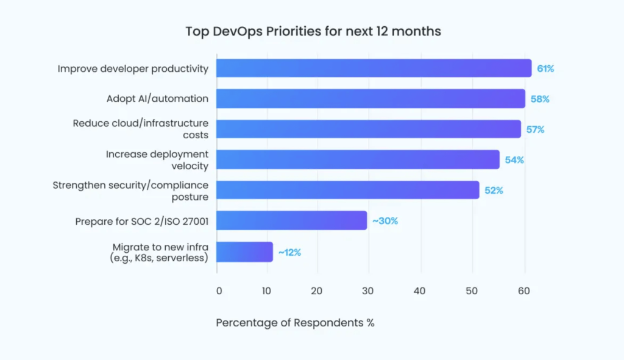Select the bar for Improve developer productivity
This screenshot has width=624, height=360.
[374, 68]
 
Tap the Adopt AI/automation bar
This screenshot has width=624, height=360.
[370, 99]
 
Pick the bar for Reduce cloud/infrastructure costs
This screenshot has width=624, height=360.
[369, 129]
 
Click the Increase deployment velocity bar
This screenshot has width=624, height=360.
[358, 160]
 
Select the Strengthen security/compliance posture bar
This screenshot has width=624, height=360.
[348, 190]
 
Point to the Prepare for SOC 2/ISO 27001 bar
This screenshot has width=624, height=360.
[292, 221]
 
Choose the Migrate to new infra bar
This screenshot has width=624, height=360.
[245, 252]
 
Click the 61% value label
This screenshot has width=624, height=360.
[545, 69]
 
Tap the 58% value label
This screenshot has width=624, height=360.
[540, 99]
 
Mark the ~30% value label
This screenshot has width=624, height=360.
[385, 221]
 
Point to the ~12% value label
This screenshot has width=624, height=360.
[289, 252]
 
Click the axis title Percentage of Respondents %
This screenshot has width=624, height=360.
[295, 323]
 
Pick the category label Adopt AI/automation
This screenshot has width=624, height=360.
[157, 99]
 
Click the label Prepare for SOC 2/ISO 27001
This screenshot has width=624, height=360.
[141, 221]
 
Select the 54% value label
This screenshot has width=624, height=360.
[514, 160]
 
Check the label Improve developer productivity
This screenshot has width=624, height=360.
[133, 69]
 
